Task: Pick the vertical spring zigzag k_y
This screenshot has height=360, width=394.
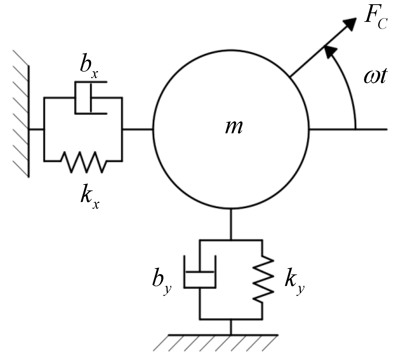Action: [262, 279]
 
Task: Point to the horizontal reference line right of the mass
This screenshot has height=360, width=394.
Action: [348, 129]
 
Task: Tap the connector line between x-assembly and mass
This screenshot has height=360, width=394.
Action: [137, 129]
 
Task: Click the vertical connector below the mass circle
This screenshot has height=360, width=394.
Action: [231, 224]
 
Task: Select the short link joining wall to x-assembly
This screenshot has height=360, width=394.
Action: [36, 129]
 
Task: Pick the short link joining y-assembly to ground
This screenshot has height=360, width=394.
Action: [231, 327]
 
